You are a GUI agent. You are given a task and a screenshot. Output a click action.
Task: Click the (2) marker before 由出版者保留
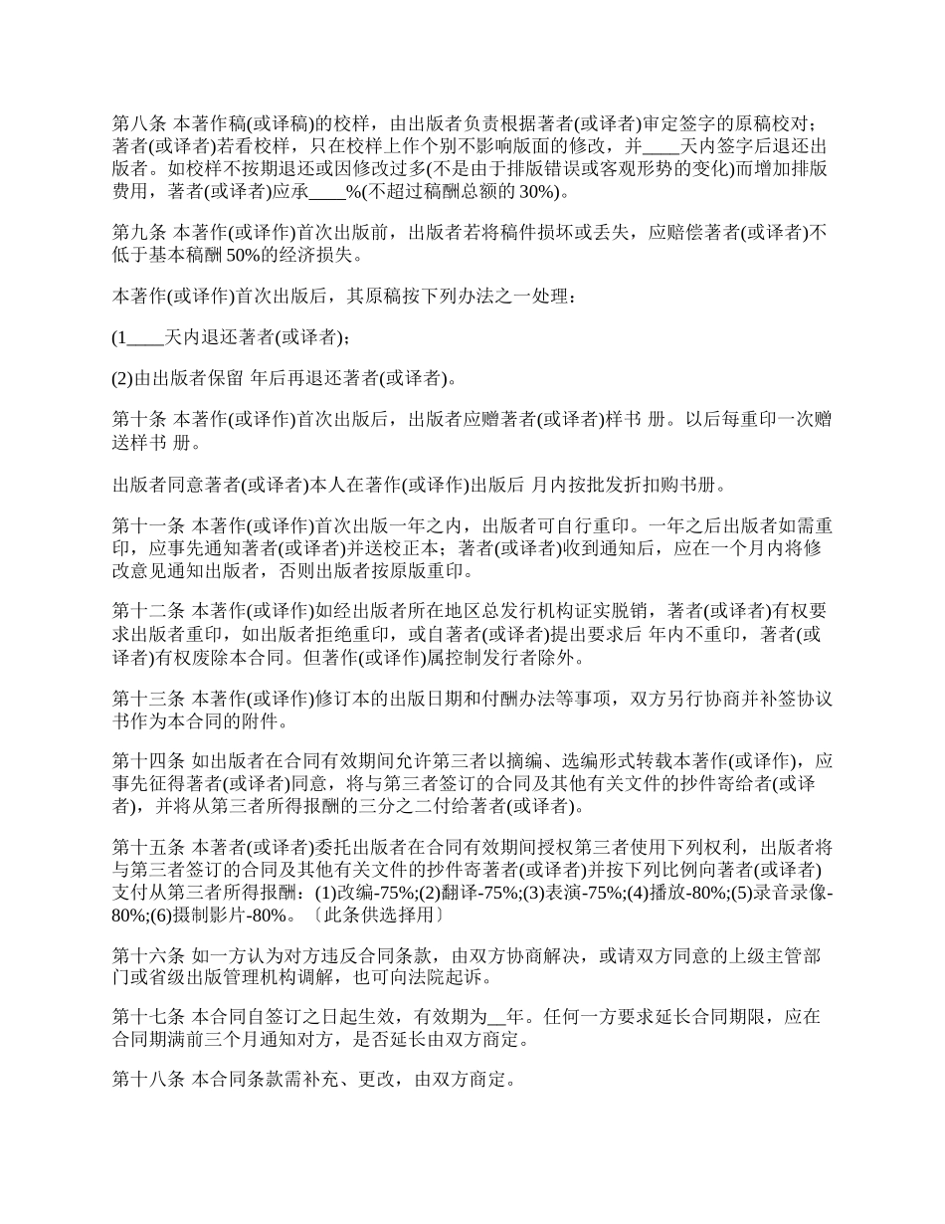122,378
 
